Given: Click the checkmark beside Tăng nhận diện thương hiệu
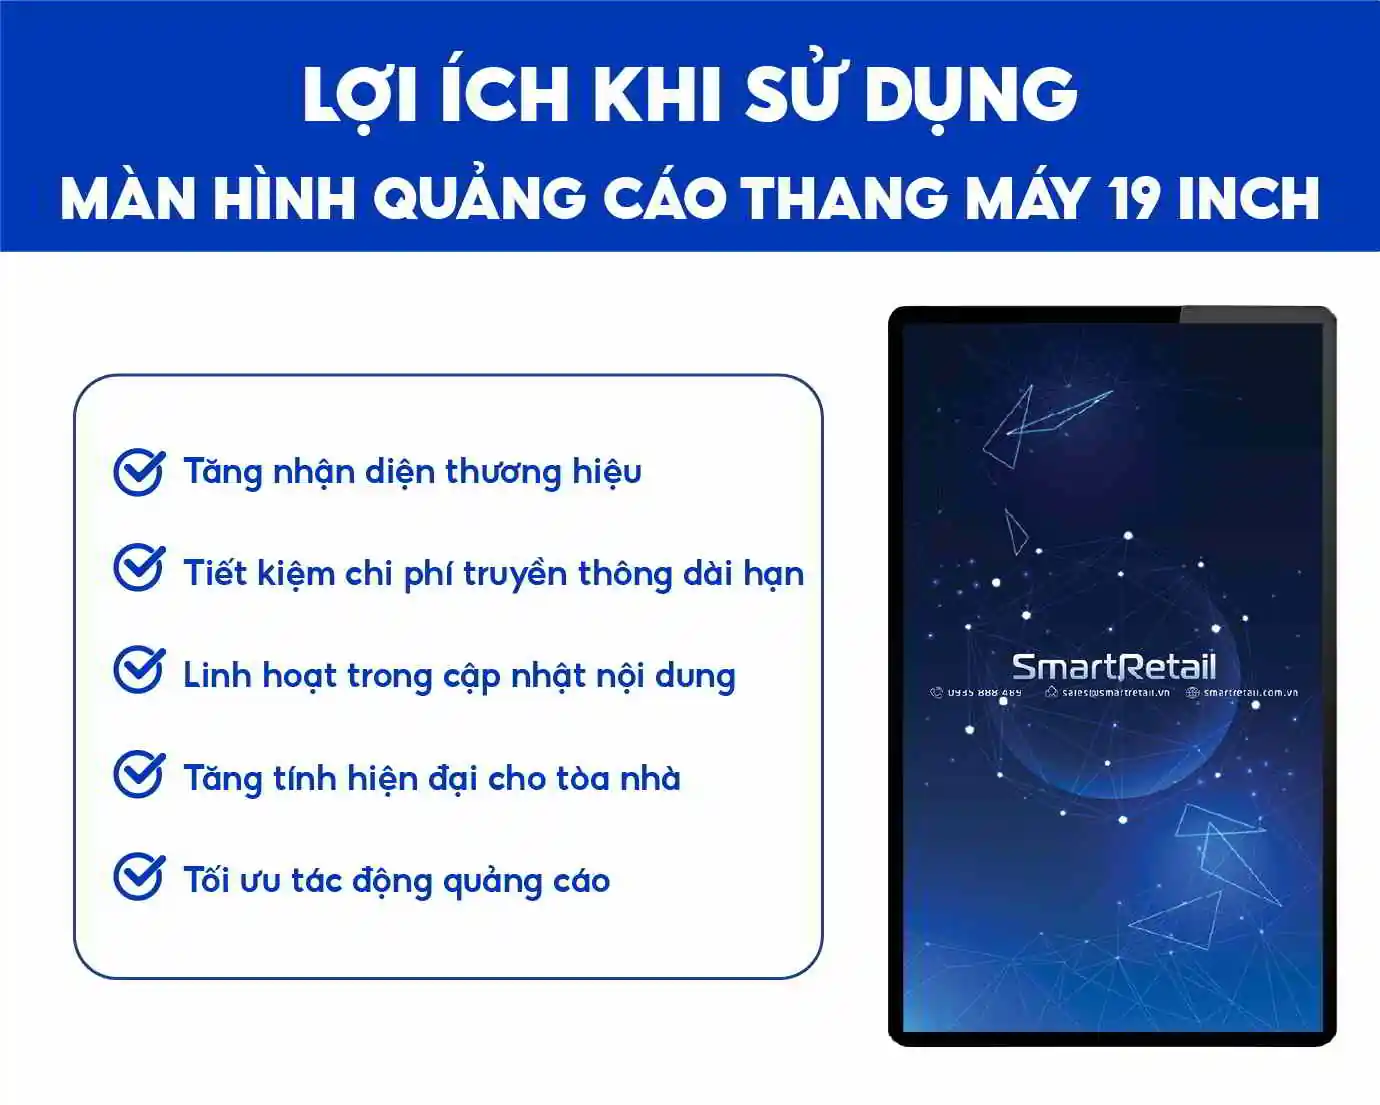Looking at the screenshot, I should click(x=138, y=471).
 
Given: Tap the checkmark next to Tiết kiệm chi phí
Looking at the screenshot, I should click(x=138, y=569).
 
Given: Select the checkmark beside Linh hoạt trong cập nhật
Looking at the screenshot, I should click(x=138, y=670).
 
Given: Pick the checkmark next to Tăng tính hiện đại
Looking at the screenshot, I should click(x=138, y=774).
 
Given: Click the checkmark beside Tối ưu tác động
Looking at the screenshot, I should click(x=138, y=876).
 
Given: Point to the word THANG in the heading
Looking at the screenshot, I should click(x=844, y=197).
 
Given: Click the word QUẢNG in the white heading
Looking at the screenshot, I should click(x=479, y=197).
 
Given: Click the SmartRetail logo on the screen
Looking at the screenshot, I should click(x=1113, y=667).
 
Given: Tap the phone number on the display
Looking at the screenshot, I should click(x=984, y=692).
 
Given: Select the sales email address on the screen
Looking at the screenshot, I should click(x=1115, y=692).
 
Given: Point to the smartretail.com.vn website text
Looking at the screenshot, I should click(x=1250, y=692).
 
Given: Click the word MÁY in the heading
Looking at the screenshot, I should click(x=1027, y=197).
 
